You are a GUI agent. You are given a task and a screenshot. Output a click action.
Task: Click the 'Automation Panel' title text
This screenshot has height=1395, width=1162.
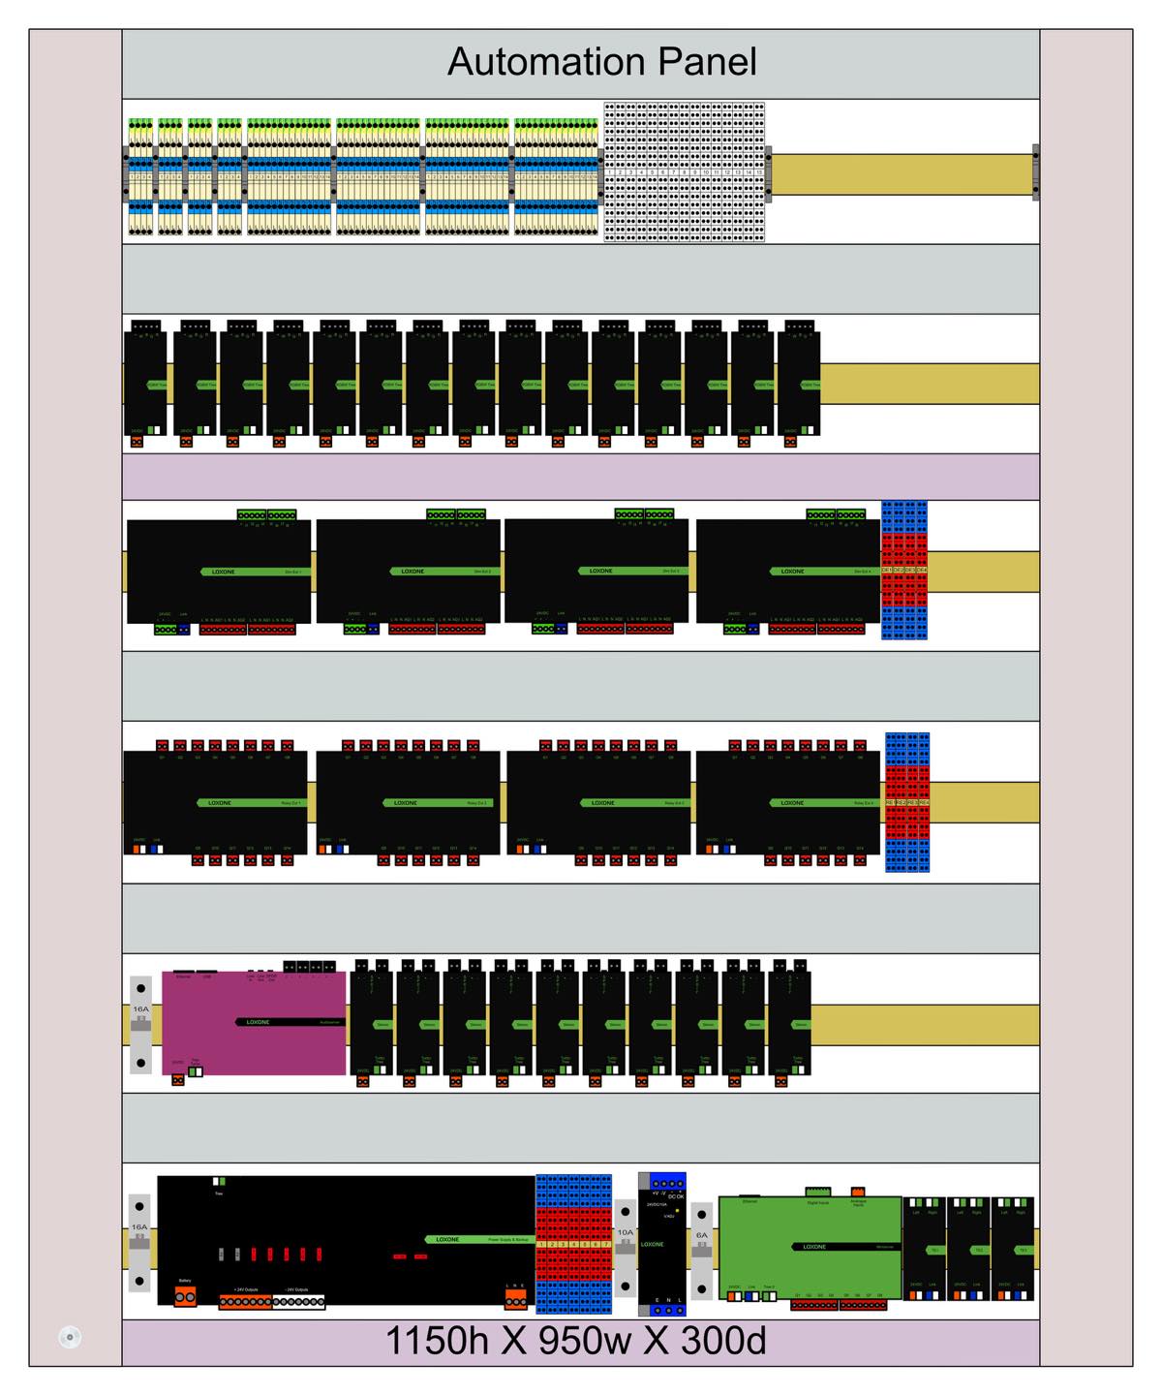(601, 62)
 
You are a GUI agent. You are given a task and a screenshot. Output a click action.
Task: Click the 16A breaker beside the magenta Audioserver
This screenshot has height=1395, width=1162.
(141, 1025)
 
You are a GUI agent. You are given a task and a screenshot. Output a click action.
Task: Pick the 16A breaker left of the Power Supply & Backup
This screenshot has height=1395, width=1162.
(140, 1243)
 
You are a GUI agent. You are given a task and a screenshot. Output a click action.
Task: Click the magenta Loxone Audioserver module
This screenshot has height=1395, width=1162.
(254, 1022)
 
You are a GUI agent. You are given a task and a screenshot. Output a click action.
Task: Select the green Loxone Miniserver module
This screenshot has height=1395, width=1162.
(811, 1246)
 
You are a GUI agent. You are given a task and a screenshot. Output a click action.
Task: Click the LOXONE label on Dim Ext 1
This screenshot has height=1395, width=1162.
(224, 572)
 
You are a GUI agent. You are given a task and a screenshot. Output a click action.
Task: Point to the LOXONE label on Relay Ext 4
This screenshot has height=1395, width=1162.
(792, 803)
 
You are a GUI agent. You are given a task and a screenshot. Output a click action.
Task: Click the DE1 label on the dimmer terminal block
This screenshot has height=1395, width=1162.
(888, 571)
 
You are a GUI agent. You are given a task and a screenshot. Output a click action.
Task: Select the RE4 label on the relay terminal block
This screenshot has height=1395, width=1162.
(924, 803)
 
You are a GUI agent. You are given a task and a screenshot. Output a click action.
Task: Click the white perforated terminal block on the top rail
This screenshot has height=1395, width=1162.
(686, 171)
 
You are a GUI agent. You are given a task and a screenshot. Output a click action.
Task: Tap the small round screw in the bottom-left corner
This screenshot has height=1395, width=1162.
(69, 1338)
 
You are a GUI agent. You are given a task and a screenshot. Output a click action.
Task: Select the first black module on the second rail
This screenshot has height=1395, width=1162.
(145, 384)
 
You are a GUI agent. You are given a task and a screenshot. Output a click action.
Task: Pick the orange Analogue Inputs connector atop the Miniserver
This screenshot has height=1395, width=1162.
(857, 1192)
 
